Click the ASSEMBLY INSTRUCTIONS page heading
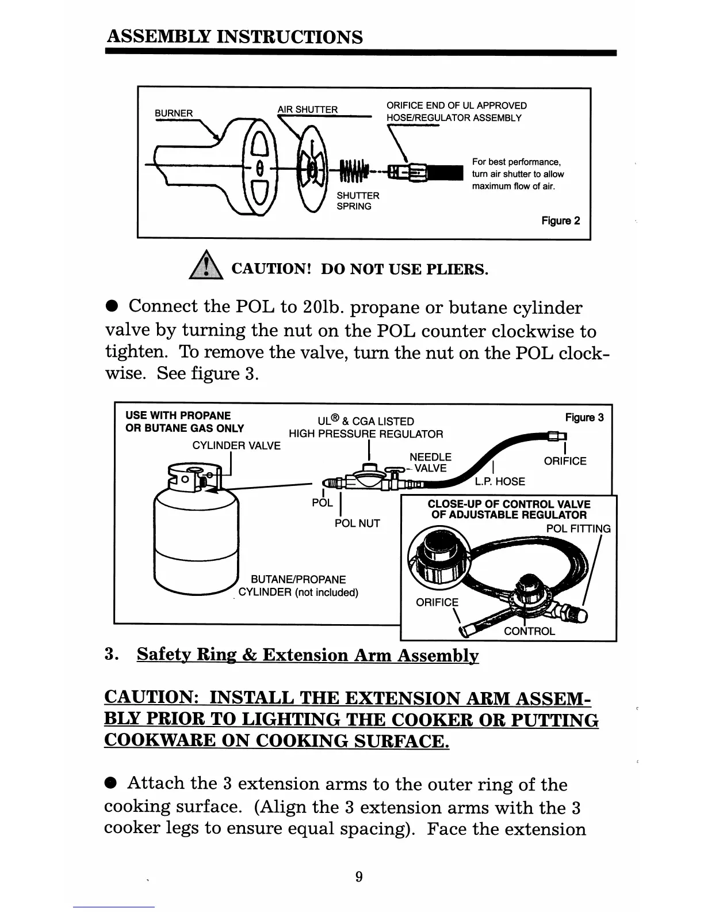tap(235, 37)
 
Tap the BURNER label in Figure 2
tap(174, 113)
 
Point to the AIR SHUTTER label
tap(307, 109)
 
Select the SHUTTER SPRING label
tap(357, 201)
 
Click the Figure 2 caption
tap(560, 221)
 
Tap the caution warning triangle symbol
tap(206, 268)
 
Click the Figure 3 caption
tap(584, 417)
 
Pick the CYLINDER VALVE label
tap(236, 446)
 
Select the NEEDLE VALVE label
tap(430, 462)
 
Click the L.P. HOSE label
tap(499, 481)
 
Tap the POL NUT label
tap(357, 523)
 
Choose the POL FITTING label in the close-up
tap(578, 529)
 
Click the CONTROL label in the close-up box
tap(529, 631)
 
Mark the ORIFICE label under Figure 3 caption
tap(565, 461)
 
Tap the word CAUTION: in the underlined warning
tap(151, 698)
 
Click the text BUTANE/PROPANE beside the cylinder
tap(299, 579)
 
